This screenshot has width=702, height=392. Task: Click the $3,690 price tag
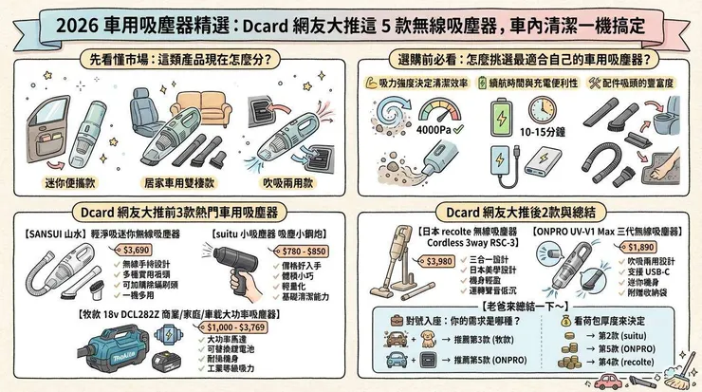pos(137,250)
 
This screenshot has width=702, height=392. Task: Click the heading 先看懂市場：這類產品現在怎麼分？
pos(175,57)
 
